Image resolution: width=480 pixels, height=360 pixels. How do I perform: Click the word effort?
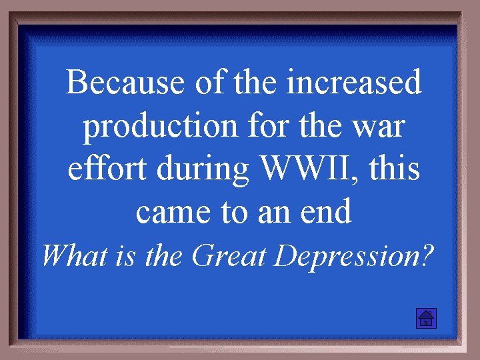pos(108,169)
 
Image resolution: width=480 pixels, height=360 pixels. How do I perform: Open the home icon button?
pos(425,318)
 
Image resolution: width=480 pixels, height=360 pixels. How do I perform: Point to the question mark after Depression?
pos(425,255)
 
